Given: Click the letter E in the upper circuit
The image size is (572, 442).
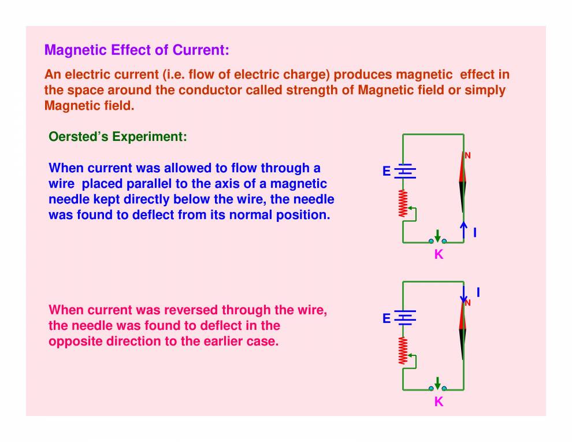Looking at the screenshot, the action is pyautogui.click(x=387, y=171).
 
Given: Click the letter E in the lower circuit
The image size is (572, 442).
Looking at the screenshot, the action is pyautogui.click(x=387, y=318).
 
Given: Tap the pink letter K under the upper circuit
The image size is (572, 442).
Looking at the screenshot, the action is pyautogui.click(x=439, y=254).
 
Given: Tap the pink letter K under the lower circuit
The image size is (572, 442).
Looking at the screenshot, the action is pyautogui.click(x=439, y=402).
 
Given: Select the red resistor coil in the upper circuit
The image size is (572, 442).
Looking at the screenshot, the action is pyautogui.click(x=403, y=203).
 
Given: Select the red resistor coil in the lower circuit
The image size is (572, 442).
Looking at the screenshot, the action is pyautogui.click(x=403, y=351).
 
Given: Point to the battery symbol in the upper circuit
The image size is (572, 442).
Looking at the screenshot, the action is pyautogui.click(x=405, y=171).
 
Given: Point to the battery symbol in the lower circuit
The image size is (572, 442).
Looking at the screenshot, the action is pyautogui.click(x=405, y=318).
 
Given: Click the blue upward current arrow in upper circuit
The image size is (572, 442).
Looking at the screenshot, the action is pyautogui.click(x=463, y=230).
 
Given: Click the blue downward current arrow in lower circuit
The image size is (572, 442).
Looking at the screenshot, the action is pyautogui.click(x=463, y=295).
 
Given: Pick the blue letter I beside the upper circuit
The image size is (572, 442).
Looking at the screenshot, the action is pyautogui.click(x=475, y=232).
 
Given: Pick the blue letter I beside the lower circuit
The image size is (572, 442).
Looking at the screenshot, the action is pyautogui.click(x=478, y=292).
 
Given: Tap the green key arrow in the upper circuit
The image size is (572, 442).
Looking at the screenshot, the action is pyautogui.click(x=438, y=236).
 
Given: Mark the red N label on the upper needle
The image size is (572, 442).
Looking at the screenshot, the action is pyautogui.click(x=467, y=156).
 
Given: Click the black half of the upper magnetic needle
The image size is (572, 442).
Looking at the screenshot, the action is pyautogui.click(x=463, y=197).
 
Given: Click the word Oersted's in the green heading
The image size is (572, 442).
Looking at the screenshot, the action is pyautogui.click(x=79, y=137).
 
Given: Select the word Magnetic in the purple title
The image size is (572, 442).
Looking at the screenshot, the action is pyautogui.click(x=76, y=50).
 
